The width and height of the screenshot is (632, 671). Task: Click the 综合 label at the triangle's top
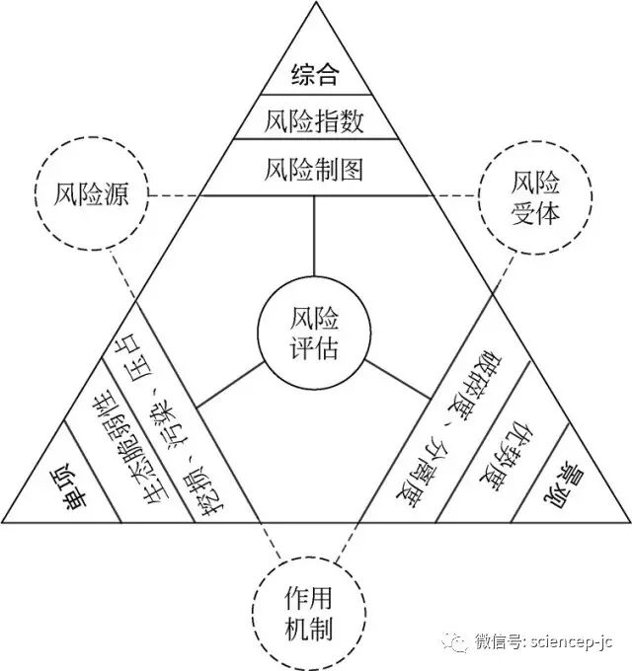coord(315,73)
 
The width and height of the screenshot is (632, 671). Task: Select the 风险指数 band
coord(315,120)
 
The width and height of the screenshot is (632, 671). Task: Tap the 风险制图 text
coord(315,169)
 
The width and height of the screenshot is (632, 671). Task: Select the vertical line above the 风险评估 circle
coord(314,237)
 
